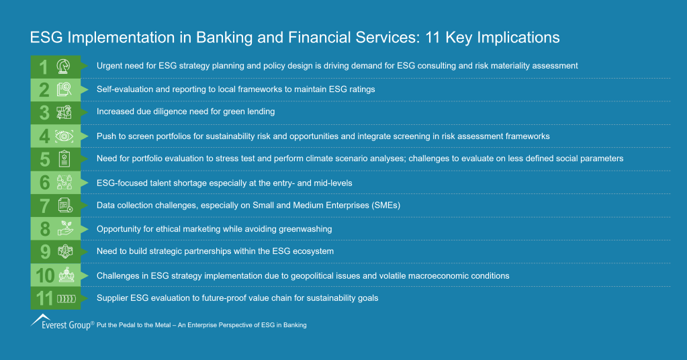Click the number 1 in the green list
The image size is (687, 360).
(x=43, y=66)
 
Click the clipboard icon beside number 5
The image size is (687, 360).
(x=65, y=159)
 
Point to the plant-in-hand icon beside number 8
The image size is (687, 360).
(x=65, y=229)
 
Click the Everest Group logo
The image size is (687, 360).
(x=61, y=323)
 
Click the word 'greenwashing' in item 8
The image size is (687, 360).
(x=307, y=229)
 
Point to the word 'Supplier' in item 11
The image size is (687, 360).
(x=113, y=298)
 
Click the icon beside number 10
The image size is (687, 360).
(x=65, y=275)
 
